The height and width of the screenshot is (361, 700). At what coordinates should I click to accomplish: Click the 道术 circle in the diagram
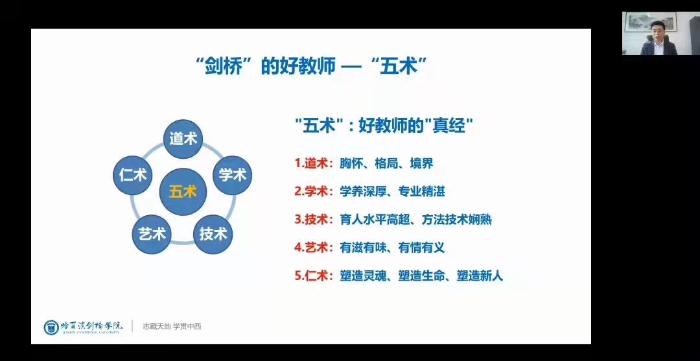coord(183,139)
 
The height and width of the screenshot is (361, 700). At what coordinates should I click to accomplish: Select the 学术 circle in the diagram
coord(232,175)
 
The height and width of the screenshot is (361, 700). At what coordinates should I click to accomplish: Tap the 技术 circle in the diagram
coord(213,234)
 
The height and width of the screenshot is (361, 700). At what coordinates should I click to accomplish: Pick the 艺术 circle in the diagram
coord(153,234)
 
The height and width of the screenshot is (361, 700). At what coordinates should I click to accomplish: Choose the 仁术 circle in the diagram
coord(133,175)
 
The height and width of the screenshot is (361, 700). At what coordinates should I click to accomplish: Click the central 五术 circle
coord(183,192)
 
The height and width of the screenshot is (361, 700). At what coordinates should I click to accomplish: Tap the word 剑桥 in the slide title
coord(223,67)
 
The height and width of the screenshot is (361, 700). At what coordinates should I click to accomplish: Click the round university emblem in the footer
coord(51,327)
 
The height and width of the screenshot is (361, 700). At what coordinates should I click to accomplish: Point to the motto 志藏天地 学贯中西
coord(172,327)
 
